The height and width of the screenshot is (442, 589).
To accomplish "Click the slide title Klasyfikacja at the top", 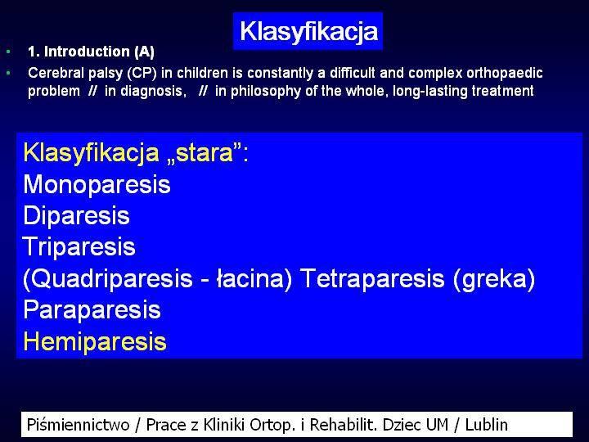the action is [x=308, y=32].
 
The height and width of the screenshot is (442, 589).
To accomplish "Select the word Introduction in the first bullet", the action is [x=87, y=52].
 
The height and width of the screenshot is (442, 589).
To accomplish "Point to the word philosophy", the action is [x=266, y=92].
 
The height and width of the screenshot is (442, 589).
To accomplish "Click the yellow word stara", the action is [x=205, y=152].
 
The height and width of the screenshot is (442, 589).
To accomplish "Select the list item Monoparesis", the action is [x=97, y=184].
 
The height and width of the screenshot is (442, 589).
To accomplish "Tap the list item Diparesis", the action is [x=76, y=216].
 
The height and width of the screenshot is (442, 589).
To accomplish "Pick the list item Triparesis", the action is [x=79, y=247].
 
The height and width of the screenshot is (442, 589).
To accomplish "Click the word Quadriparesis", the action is [x=108, y=279].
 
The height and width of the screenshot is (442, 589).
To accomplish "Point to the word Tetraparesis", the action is [x=373, y=278].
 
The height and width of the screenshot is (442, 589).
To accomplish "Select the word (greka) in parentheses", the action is [x=494, y=279].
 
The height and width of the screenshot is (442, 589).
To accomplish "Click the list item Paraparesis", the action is [x=92, y=310].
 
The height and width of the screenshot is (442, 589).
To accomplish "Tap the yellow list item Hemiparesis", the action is [x=95, y=341].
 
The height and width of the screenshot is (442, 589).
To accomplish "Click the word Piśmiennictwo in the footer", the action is [x=79, y=425].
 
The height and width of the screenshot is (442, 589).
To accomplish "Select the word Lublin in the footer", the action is [x=487, y=425].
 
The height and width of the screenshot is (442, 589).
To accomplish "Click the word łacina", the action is [x=254, y=279].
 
